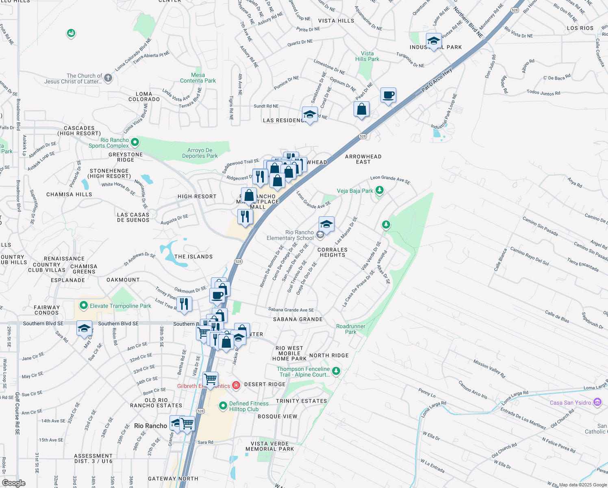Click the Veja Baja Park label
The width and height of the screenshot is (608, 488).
[x=355, y=191]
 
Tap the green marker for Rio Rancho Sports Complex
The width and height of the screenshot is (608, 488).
[x=135, y=142]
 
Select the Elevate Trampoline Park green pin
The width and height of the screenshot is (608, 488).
[x=83, y=305]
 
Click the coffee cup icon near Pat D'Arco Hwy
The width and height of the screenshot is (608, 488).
[x=388, y=95]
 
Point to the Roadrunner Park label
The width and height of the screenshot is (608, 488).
[x=351, y=329]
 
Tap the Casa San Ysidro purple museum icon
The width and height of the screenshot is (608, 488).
[x=597, y=403]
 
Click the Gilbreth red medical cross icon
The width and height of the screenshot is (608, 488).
[x=236, y=385]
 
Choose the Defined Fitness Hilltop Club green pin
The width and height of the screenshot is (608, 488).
[x=223, y=405]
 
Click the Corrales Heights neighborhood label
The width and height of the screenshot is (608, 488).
[x=332, y=253]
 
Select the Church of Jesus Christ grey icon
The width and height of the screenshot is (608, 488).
[x=108, y=78]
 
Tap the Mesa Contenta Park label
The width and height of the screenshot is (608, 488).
[x=198, y=78]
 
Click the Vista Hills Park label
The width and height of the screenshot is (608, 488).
[x=367, y=56]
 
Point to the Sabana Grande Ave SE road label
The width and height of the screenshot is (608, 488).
[x=291, y=310]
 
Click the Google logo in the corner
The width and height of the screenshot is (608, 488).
[x=14, y=483]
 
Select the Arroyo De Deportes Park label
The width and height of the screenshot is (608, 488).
[x=200, y=153]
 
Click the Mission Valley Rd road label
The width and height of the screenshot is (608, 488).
[x=489, y=369]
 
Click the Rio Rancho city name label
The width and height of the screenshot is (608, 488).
[x=150, y=426]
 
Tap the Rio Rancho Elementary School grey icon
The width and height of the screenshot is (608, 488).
[x=320, y=234]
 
